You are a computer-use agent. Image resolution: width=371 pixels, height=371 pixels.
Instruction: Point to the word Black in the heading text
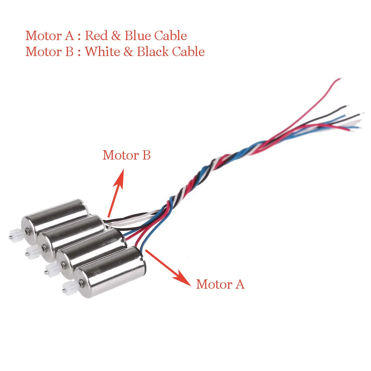[153, 51]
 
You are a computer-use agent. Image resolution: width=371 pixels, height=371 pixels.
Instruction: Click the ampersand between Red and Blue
[115, 36]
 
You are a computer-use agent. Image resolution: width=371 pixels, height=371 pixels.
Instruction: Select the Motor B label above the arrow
[127, 155]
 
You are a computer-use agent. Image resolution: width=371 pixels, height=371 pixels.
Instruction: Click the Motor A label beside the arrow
[220, 284]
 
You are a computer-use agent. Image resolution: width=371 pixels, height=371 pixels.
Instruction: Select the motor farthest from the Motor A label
[56, 219]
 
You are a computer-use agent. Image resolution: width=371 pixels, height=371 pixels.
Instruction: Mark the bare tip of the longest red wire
[340, 79]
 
